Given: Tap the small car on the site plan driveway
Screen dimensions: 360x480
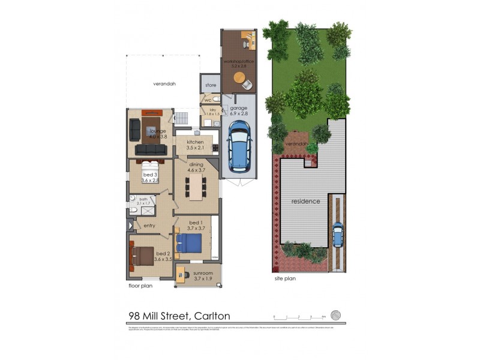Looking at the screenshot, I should click(338, 235).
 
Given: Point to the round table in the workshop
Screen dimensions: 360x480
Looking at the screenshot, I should click(239, 78).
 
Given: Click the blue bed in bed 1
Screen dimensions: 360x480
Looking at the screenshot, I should click(189, 244).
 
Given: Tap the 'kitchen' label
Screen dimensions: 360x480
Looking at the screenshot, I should click(196, 142).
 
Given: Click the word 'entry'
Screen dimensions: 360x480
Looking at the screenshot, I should click(150, 225).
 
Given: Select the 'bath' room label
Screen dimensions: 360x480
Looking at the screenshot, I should click(143, 199).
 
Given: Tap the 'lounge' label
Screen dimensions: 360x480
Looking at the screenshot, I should click(157, 130).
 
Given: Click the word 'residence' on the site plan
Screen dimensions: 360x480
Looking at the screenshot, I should click(305, 201).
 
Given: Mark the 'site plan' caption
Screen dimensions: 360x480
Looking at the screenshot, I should click(284, 278).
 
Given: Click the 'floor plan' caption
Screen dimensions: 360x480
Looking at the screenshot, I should click(141, 286).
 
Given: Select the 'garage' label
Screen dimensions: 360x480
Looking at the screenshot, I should click(239, 108).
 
